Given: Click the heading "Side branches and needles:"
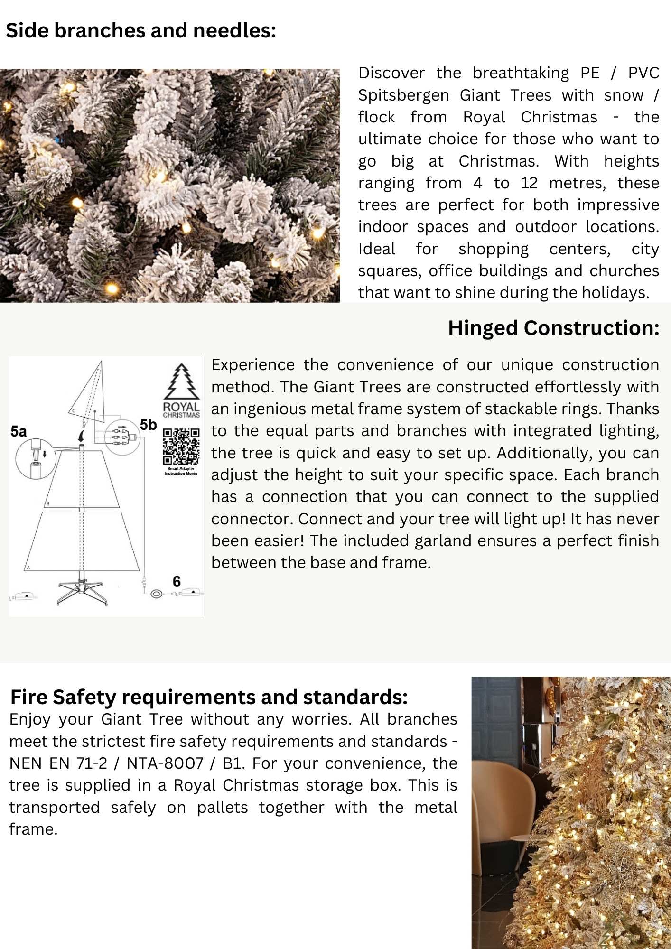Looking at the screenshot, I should tap(140, 31).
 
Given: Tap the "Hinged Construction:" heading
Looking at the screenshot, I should tap(553, 328).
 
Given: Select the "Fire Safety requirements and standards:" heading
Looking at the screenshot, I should tap(209, 697).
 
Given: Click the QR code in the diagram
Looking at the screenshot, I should tap(181, 446).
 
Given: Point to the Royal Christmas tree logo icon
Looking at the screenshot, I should tap(181, 382).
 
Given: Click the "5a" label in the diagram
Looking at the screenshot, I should tap(19, 431).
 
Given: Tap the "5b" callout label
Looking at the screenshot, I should tap(148, 425).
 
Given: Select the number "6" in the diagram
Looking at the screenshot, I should tap(177, 581).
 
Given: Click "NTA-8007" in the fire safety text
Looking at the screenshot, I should tap(165, 763).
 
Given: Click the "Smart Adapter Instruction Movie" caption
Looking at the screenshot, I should tap(181, 471).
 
